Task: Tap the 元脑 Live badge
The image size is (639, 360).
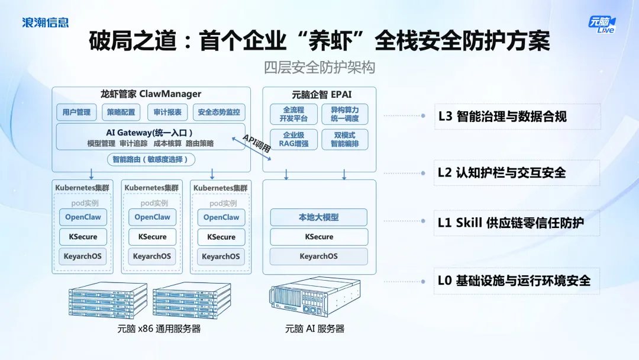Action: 601,23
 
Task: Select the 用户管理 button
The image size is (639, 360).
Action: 76,112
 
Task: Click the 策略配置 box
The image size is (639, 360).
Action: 121,112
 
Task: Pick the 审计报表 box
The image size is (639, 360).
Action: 167,112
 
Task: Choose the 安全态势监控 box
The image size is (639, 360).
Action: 219,112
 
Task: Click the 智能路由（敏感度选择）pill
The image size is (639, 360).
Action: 151,159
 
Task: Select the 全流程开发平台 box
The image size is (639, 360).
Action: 293,114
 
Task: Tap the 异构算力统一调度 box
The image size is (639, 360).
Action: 344,114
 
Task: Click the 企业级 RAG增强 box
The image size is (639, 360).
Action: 293,139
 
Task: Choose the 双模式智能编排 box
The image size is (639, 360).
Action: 344,139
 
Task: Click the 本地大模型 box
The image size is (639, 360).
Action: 318,217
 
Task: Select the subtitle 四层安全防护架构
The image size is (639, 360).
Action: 319,67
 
